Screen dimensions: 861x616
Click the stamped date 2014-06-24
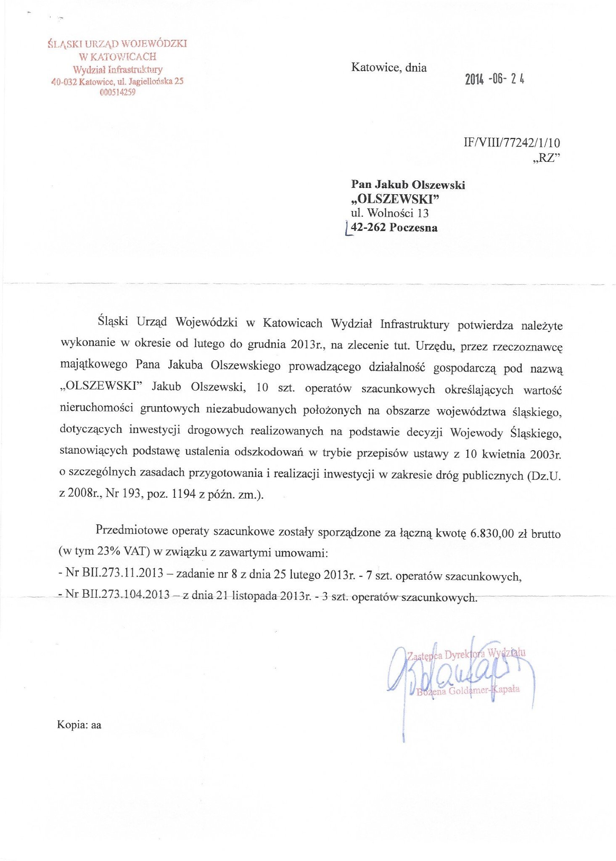494,79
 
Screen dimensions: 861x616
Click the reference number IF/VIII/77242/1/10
511,143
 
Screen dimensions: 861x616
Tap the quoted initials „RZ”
546,158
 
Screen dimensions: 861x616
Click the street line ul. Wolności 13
390,213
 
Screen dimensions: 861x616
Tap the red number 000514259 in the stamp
117,92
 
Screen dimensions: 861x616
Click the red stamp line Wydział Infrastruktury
117,69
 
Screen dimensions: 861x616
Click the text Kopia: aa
79,725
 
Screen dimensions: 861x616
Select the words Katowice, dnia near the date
389,68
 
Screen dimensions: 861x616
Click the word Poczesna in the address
413,228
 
